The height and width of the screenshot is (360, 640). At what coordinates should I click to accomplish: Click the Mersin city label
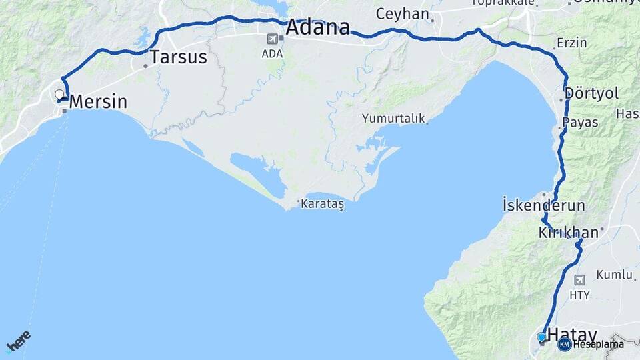pos(98,102)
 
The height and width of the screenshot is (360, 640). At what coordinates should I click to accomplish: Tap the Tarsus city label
pos(178,57)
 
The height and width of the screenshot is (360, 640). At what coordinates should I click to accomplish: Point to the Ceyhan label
pos(401,13)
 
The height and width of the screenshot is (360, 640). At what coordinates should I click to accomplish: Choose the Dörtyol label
pos(592,93)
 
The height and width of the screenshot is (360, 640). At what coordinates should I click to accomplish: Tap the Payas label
pos(580,123)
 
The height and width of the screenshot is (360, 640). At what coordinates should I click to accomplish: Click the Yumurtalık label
pos(393,119)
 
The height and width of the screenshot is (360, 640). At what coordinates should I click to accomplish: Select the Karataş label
pos(322,203)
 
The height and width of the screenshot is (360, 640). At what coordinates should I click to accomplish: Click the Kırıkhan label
pos(569,233)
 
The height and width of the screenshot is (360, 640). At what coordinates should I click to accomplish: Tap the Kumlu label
pos(614,274)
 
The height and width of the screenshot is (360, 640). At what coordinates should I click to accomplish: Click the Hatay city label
pos(572,335)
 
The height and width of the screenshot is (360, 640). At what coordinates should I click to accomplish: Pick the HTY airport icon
pos(579,280)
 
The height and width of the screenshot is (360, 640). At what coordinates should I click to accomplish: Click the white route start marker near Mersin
pos(59,94)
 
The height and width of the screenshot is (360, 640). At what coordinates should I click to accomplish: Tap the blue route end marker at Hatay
pos(541,337)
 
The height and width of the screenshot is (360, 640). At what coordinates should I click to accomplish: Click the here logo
pos(18,341)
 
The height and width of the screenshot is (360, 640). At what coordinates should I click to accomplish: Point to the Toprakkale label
pos(503,3)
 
